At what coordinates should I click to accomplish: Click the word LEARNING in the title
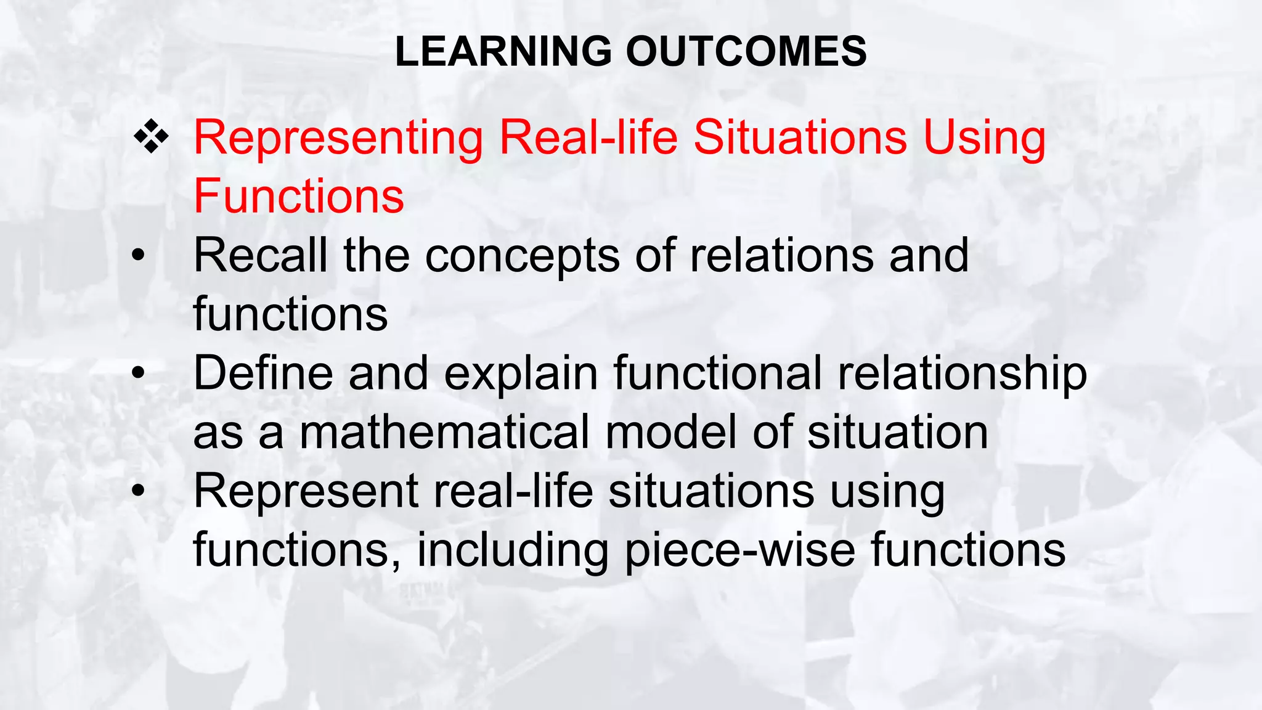click(503, 51)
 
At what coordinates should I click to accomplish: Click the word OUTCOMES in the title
click(746, 51)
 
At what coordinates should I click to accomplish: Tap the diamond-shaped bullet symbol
click(151, 136)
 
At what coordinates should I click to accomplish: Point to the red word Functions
click(299, 196)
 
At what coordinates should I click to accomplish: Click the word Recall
click(261, 255)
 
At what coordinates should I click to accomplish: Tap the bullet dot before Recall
click(139, 255)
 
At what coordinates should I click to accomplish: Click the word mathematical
click(444, 432)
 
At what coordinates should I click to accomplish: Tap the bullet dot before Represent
click(139, 491)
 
